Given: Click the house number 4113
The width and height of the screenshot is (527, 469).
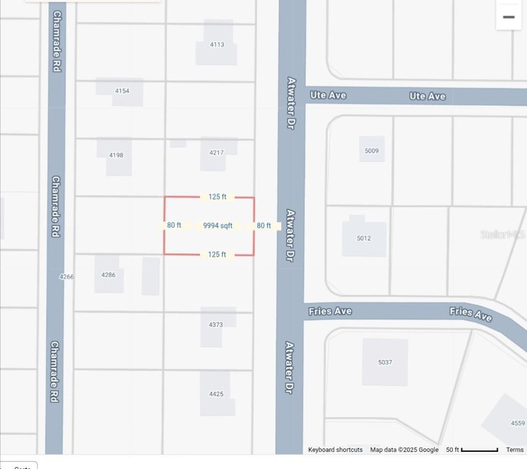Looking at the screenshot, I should [x=217, y=44].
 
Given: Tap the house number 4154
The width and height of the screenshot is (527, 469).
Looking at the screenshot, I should [x=122, y=91].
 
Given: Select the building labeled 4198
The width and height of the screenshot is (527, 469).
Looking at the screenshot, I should [x=116, y=155].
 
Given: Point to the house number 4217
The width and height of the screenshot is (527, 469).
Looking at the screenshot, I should [x=216, y=153].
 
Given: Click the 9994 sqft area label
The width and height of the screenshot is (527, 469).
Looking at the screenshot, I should [x=218, y=226].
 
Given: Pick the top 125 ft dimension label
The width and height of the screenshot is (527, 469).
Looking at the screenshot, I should [x=218, y=197].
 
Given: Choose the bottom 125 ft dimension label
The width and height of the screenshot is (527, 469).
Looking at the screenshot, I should [x=217, y=254].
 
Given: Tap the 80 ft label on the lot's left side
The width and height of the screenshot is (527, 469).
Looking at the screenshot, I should [x=174, y=225].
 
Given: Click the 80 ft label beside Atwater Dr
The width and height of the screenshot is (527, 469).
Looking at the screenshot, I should [x=263, y=226].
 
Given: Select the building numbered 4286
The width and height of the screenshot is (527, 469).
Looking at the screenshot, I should [x=108, y=274].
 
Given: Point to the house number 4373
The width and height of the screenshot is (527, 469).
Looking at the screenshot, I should [x=216, y=324].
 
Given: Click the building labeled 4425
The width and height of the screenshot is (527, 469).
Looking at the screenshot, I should [x=216, y=393].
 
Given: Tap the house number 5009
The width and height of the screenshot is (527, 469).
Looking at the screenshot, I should [x=372, y=150].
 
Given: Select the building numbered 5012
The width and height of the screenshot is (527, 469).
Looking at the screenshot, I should [x=364, y=238].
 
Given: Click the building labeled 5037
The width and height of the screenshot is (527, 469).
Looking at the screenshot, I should [x=385, y=362].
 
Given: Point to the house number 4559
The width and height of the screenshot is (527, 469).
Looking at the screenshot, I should [x=518, y=423].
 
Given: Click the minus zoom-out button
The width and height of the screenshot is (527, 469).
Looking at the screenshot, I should [x=508, y=17].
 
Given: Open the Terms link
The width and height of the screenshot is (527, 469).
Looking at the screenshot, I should [x=515, y=450].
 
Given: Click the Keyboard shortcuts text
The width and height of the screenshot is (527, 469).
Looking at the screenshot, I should [x=335, y=450].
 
